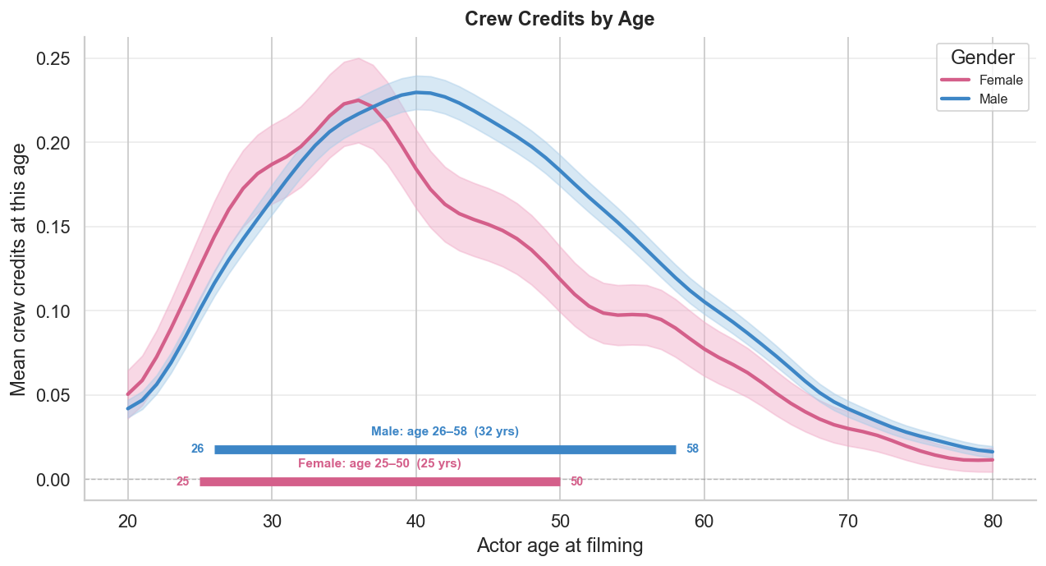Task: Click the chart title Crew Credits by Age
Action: click(x=559, y=19)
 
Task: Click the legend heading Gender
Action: click(x=982, y=58)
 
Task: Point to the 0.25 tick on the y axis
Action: click(x=53, y=59)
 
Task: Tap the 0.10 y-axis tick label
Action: click(x=53, y=311)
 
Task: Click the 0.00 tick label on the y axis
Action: click(x=53, y=480)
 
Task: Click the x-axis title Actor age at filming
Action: click(x=559, y=546)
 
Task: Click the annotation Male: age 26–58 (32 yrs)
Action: click(x=445, y=431)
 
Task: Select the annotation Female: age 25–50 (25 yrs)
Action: click(x=379, y=464)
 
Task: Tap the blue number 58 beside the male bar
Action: click(x=692, y=449)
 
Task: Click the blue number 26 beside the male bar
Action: click(x=197, y=449)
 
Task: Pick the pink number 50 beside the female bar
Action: click(x=576, y=481)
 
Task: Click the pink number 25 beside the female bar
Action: click(x=182, y=481)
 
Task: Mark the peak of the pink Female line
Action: click(x=358, y=100)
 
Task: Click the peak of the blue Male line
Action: click(x=417, y=92)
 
